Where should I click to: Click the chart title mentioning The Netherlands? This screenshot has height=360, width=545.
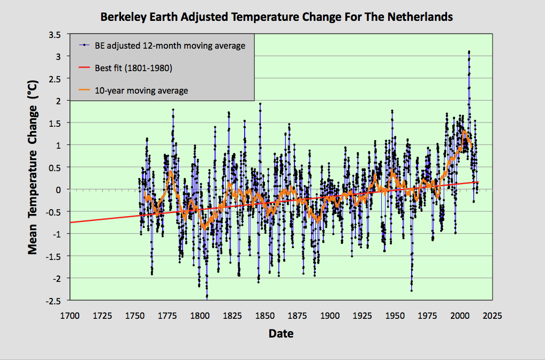tap(277, 17)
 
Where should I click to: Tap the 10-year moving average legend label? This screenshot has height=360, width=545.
tap(141, 90)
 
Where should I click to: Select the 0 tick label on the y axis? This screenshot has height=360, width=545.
tap(61, 190)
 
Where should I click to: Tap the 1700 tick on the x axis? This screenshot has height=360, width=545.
tap(70, 316)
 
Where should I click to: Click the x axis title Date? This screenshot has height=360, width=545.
tap(281, 334)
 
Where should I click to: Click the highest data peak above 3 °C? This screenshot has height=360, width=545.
tap(469, 52)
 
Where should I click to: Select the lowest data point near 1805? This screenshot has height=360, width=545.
tap(207, 297)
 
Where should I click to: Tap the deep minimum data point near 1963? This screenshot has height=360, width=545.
tap(411, 290)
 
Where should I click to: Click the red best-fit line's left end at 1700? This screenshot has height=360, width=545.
tap(71, 221)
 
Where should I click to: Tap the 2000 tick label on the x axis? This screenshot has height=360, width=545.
tap(459, 316)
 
